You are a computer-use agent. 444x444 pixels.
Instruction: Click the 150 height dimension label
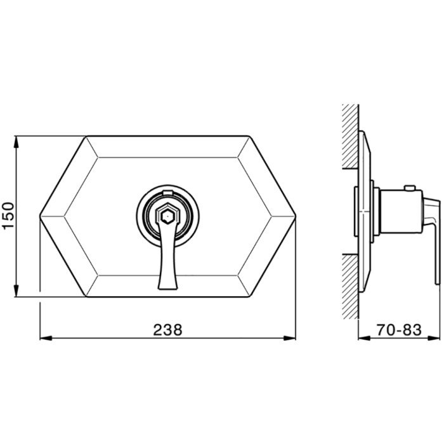(x=8, y=216)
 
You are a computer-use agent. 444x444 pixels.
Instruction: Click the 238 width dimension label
(x=167, y=330)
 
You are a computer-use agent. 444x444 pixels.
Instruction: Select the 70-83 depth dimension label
(x=399, y=330)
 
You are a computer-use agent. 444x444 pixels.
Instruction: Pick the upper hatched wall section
(x=351, y=136)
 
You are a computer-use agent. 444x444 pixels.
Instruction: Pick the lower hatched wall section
(x=351, y=287)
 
